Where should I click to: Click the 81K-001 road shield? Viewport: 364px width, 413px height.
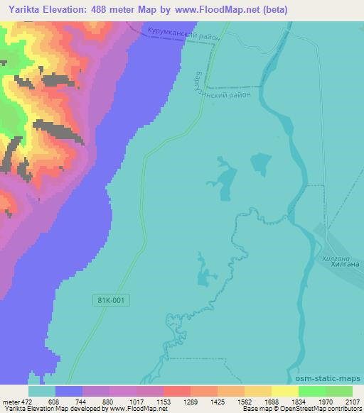[111, 301]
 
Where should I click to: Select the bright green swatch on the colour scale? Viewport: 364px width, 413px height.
[312, 390]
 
